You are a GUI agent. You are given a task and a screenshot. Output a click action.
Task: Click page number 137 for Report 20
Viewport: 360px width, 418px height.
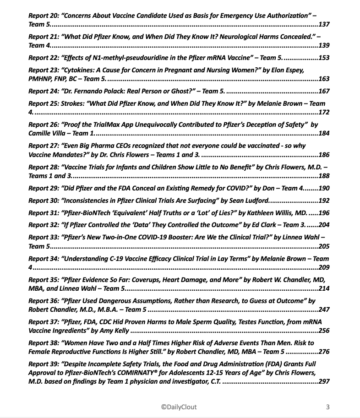pyautogui.click(x=324, y=24)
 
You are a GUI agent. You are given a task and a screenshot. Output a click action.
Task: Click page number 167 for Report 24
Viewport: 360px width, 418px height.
pyautogui.click(x=324, y=91)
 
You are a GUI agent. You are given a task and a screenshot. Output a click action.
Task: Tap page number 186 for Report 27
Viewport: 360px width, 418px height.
pyautogui.click(x=324, y=155)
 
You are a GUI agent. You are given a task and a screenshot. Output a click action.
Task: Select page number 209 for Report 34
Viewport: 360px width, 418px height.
pyautogui.click(x=324, y=266)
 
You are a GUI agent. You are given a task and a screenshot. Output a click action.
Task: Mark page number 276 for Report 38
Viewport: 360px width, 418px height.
pyautogui.click(x=324, y=352)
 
